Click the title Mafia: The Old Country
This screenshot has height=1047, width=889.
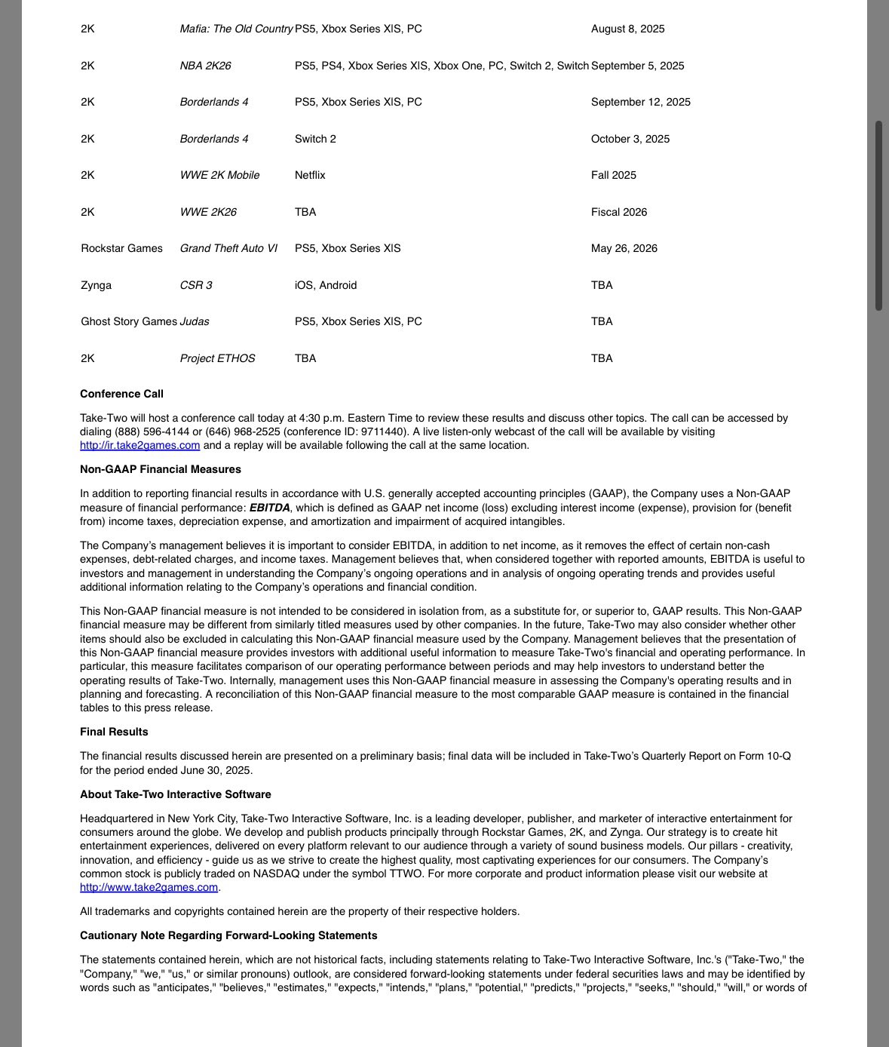[x=236, y=29]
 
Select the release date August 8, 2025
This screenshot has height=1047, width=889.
[x=627, y=29]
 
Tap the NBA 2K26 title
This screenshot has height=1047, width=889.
[x=205, y=66]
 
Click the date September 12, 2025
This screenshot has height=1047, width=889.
[x=640, y=102]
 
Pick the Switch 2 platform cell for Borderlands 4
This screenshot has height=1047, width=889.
[x=315, y=139]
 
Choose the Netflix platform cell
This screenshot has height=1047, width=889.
[x=310, y=175]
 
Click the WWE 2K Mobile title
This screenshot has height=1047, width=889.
[x=219, y=175]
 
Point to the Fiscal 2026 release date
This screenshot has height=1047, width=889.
[x=618, y=212]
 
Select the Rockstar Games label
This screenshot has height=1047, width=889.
[x=121, y=248]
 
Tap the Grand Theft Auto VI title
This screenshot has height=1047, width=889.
[x=228, y=248]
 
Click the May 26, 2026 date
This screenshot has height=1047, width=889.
[x=624, y=248]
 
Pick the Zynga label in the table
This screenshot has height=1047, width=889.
[x=96, y=285]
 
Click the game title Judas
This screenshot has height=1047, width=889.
[x=195, y=321]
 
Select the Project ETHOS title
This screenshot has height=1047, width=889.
[x=217, y=358]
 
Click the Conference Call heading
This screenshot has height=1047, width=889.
[x=121, y=394]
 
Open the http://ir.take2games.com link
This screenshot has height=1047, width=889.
[x=140, y=445]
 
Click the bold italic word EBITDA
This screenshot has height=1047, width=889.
[x=269, y=508]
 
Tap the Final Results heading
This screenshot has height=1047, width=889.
[x=114, y=732]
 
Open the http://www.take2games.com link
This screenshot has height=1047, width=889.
[x=149, y=887]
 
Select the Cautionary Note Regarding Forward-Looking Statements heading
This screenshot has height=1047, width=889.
[x=228, y=935]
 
